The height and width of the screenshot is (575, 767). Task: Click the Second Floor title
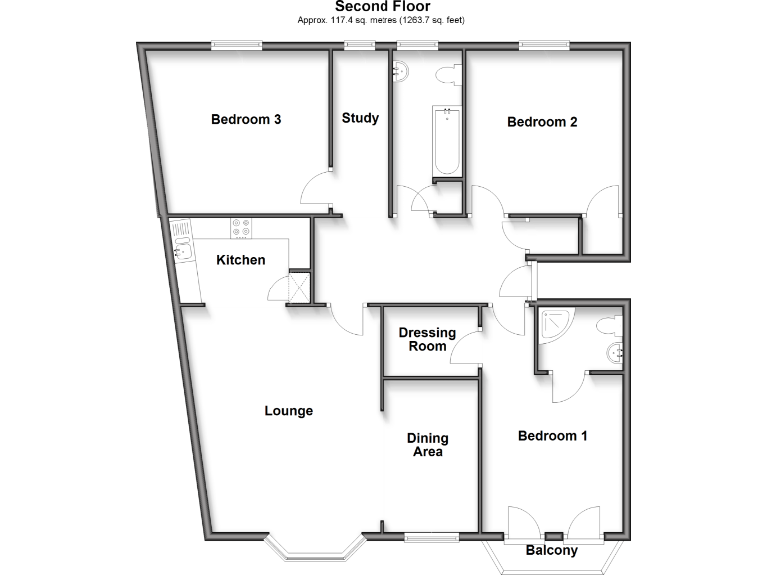[x=383, y=7]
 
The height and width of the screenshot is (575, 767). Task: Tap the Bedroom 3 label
[x=245, y=120]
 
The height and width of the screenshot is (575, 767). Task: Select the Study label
[x=360, y=118]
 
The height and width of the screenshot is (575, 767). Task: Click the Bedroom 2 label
[x=542, y=123]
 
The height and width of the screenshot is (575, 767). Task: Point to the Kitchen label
[x=241, y=261]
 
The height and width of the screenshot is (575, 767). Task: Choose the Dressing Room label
[x=427, y=340]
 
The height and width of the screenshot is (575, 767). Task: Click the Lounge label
[x=289, y=411]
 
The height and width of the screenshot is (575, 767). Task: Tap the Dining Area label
[x=427, y=445]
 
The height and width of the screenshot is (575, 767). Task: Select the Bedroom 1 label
[x=552, y=436]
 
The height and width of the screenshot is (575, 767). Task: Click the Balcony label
[x=552, y=551]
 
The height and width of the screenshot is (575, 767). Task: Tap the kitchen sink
[x=181, y=240]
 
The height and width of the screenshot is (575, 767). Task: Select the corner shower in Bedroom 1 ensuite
[x=552, y=323]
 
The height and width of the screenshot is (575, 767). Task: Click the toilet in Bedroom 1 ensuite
[x=608, y=325]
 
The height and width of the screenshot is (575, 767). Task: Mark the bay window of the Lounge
[x=312, y=547]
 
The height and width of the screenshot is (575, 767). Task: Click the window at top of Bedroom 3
[x=237, y=44]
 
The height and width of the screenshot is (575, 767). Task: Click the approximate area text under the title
[x=383, y=20]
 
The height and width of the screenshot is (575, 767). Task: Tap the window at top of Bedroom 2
[x=545, y=44]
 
